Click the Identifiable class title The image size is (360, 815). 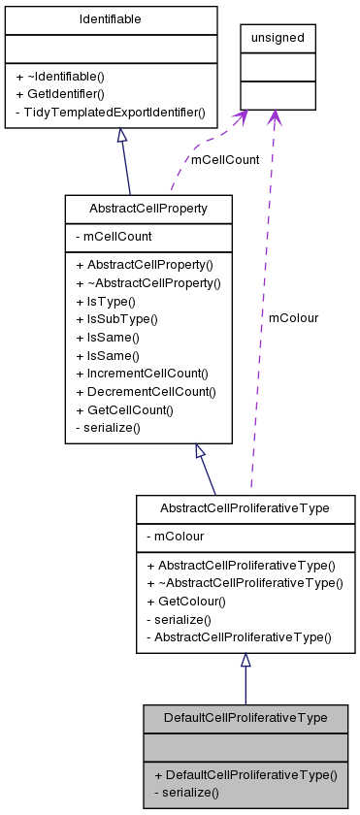tap(111, 19)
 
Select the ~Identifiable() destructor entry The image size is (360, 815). tap(60, 76)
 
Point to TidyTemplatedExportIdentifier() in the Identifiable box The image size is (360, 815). tap(111, 113)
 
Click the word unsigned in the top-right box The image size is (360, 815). tap(278, 38)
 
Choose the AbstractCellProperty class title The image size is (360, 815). tap(147, 209)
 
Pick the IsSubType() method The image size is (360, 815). tap(116, 319)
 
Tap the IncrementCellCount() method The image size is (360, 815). tap(143, 373)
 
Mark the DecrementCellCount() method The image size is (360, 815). tap(146, 391)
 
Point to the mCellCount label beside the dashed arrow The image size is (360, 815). tap(225, 160)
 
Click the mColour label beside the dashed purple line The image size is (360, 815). tap(293, 317)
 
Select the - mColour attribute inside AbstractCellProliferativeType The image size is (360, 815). tap(175, 535)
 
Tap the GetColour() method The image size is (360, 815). tap(185, 601)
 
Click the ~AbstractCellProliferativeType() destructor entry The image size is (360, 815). tap(245, 582)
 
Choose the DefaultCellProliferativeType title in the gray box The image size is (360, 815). tap(245, 718)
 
